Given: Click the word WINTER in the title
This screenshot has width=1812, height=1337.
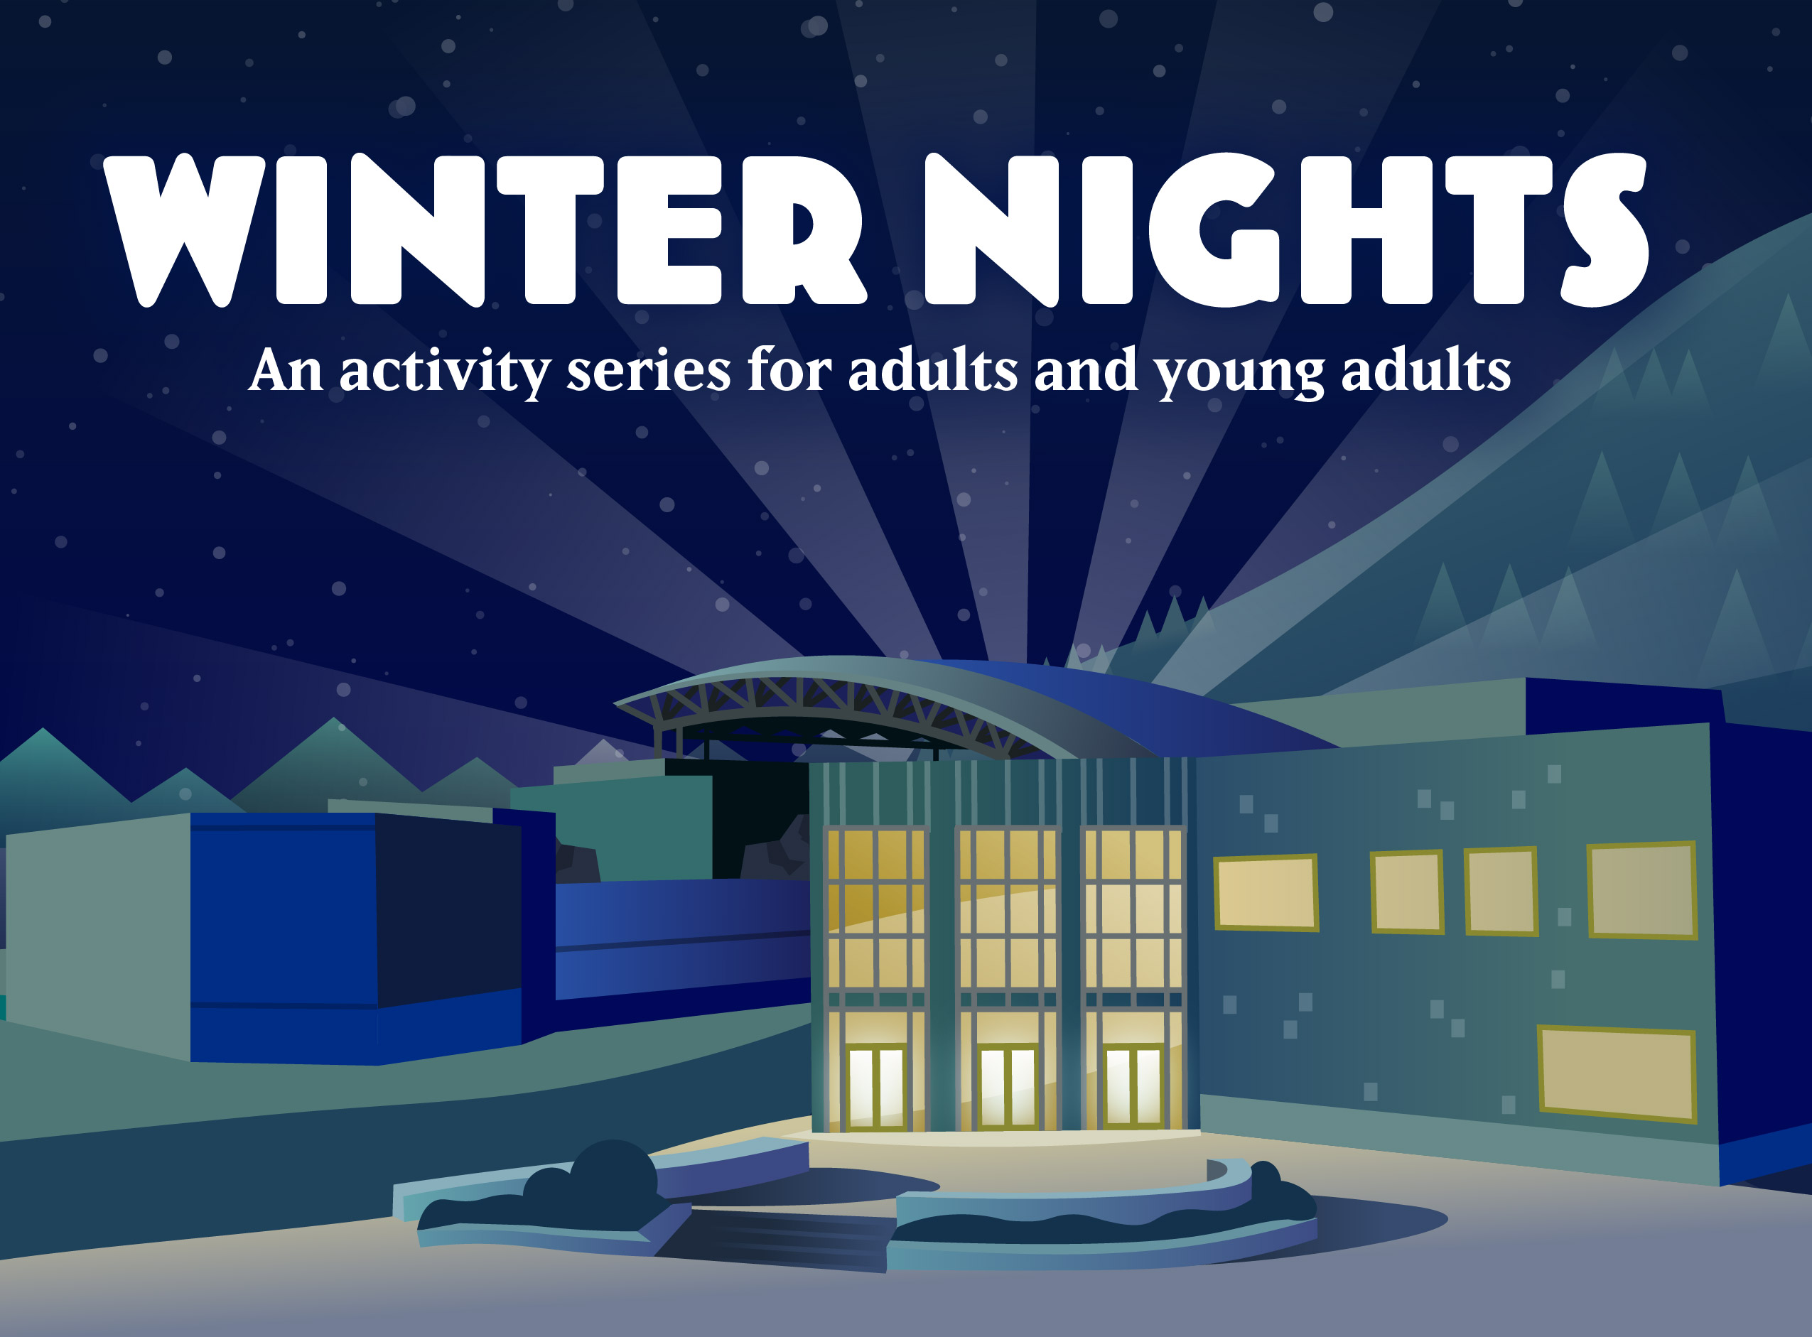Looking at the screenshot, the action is pos(484,231).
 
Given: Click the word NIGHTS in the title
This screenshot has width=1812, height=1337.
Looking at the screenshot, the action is pos(1286,231).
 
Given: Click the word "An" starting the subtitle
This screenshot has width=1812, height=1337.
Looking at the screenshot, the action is pos(286,372).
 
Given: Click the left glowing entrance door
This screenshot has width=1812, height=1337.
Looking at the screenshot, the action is pos(875,1087).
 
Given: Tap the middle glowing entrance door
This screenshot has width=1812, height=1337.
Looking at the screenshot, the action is pos(1007,1086).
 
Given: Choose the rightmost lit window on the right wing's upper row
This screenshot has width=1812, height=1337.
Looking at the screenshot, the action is pos(1642,889).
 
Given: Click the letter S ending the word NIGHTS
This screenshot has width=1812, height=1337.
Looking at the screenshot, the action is pos(1605,231).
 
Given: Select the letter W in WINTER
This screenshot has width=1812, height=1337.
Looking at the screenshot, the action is pos(185,231).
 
